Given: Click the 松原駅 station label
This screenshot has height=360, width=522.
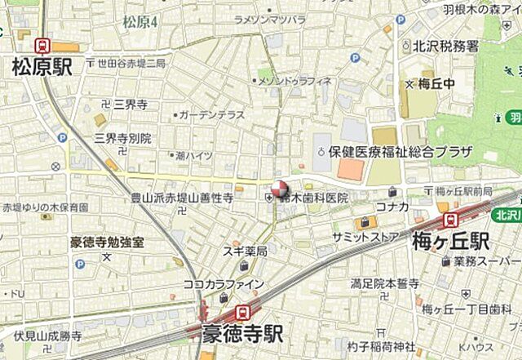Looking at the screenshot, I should (x=42, y=68).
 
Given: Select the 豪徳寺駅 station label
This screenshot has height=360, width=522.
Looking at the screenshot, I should (x=243, y=334).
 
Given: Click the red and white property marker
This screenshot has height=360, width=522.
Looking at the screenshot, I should (x=280, y=189).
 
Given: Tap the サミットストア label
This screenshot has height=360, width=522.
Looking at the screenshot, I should (x=365, y=236).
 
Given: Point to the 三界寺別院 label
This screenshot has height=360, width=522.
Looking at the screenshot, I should (x=122, y=138).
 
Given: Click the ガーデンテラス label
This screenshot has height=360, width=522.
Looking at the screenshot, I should (x=211, y=115).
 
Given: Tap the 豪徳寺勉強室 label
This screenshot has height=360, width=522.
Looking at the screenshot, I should (x=107, y=242).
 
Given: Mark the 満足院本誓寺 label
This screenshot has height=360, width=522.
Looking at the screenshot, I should (x=383, y=283).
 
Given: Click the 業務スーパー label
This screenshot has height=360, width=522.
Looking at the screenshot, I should (x=484, y=261).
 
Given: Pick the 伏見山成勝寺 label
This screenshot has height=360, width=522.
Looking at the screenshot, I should (x=47, y=336).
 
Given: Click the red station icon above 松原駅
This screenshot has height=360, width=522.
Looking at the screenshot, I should (x=42, y=47).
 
